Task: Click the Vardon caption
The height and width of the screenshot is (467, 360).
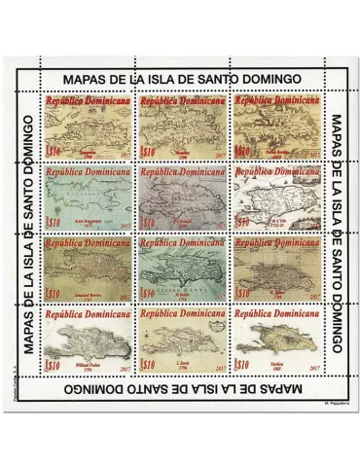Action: [273, 365]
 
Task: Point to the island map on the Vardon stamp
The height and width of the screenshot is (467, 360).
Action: [273, 341]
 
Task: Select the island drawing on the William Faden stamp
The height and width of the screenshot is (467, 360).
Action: [88, 341]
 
